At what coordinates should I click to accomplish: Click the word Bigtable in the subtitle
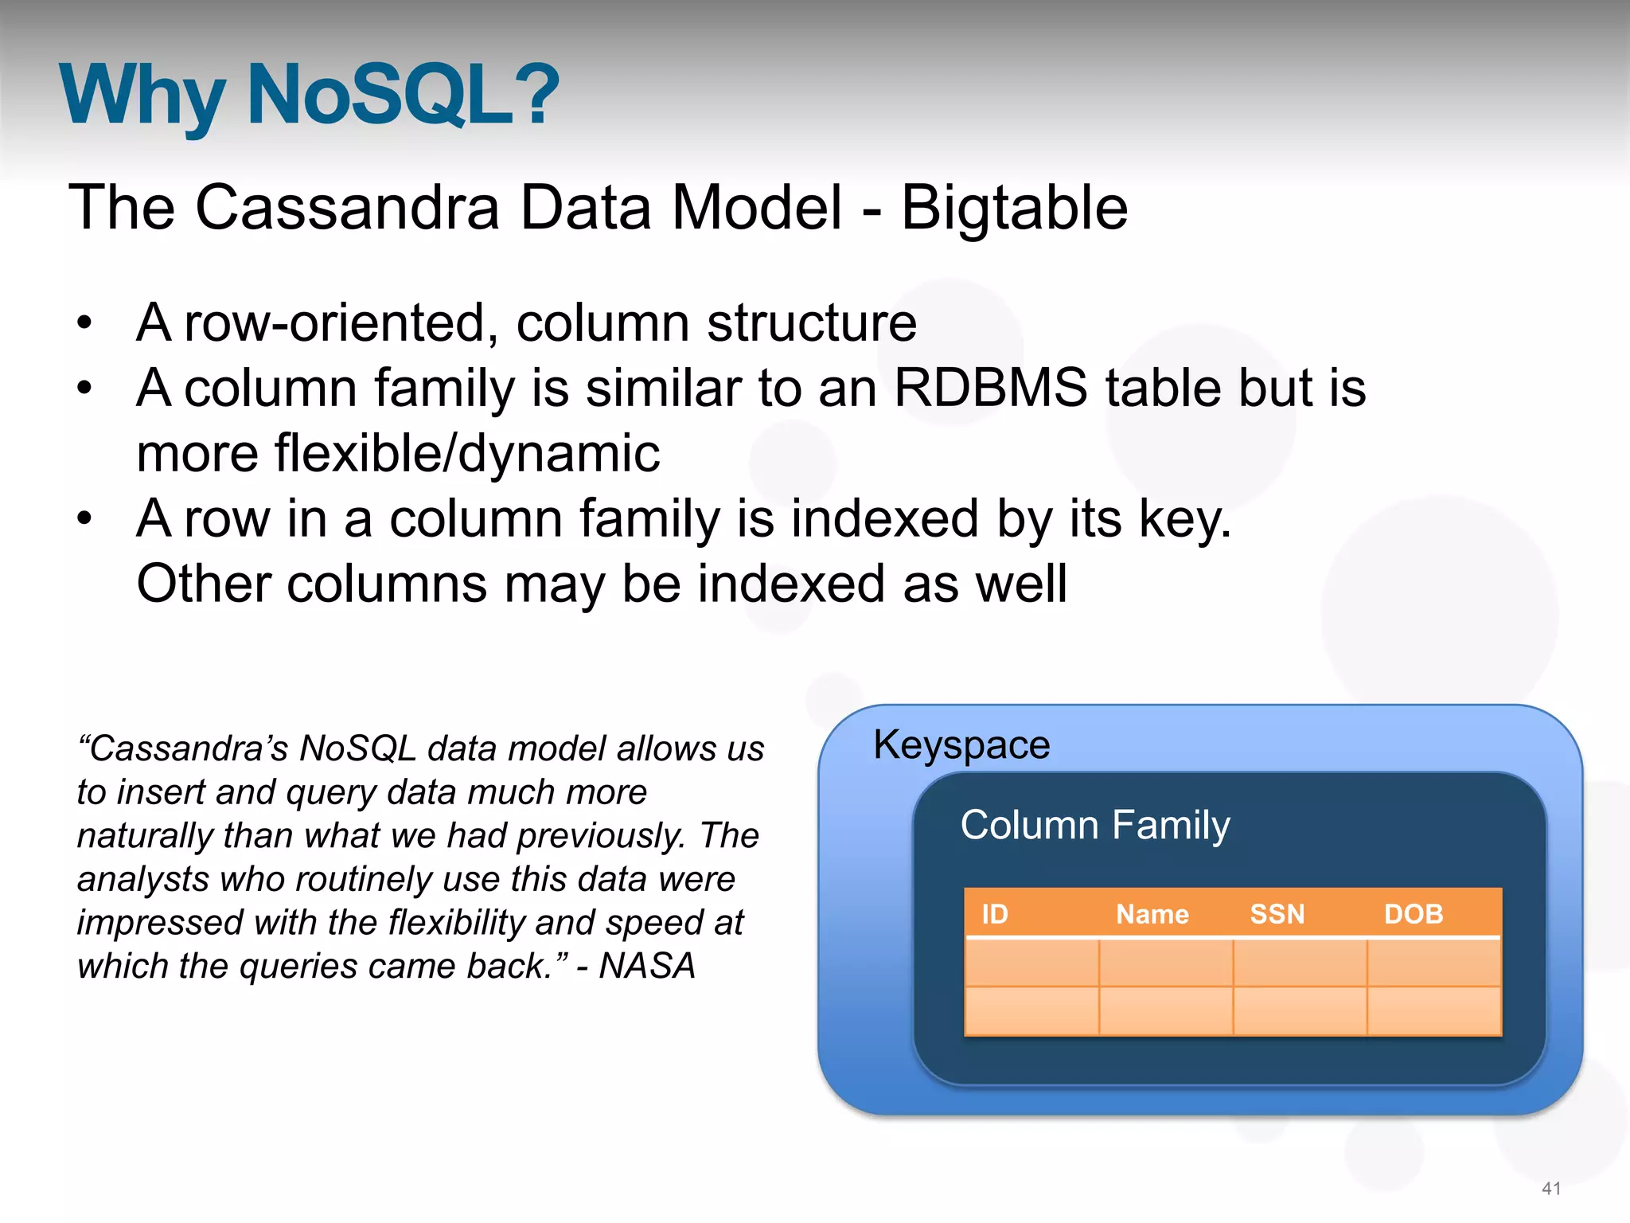[x=1014, y=208]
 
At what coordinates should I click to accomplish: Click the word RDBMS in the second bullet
[x=990, y=388]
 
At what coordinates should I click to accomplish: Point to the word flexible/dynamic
[x=398, y=453]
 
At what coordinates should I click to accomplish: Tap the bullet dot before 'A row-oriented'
[x=84, y=324]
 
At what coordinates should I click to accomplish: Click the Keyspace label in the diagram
[x=961, y=744]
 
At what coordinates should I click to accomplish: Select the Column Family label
[x=1095, y=825]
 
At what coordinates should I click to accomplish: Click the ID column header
[x=994, y=913]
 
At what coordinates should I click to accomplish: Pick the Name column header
[x=1152, y=913]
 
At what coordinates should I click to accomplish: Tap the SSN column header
[x=1277, y=913]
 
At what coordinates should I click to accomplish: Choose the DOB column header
[x=1413, y=913]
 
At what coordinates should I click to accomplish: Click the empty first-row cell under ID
[x=1032, y=963]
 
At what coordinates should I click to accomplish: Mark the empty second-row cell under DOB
[x=1433, y=1011]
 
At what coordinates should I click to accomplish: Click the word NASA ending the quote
[x=647, y=966]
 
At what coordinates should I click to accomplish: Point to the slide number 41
[x=1551, y=1188]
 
